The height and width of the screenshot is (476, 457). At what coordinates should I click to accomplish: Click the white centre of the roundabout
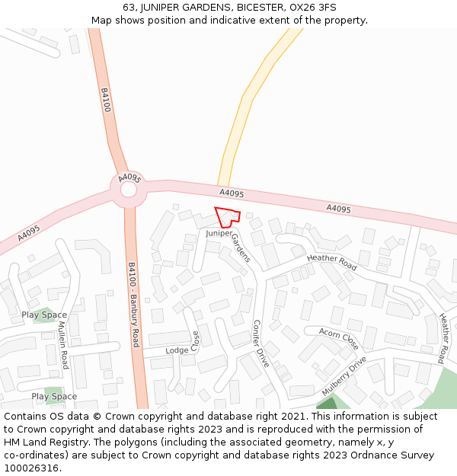128,189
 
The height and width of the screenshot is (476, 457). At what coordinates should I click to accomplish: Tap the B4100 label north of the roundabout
106,100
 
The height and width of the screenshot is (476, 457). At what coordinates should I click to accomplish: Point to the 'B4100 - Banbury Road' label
133,305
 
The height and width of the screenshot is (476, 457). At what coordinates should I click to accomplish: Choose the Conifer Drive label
260,343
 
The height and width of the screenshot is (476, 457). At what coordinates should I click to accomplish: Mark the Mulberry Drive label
344,375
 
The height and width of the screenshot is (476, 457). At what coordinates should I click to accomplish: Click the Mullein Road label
63,344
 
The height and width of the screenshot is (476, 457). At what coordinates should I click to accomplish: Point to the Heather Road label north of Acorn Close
331,263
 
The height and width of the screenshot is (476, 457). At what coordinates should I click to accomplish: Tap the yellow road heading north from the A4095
248,95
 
